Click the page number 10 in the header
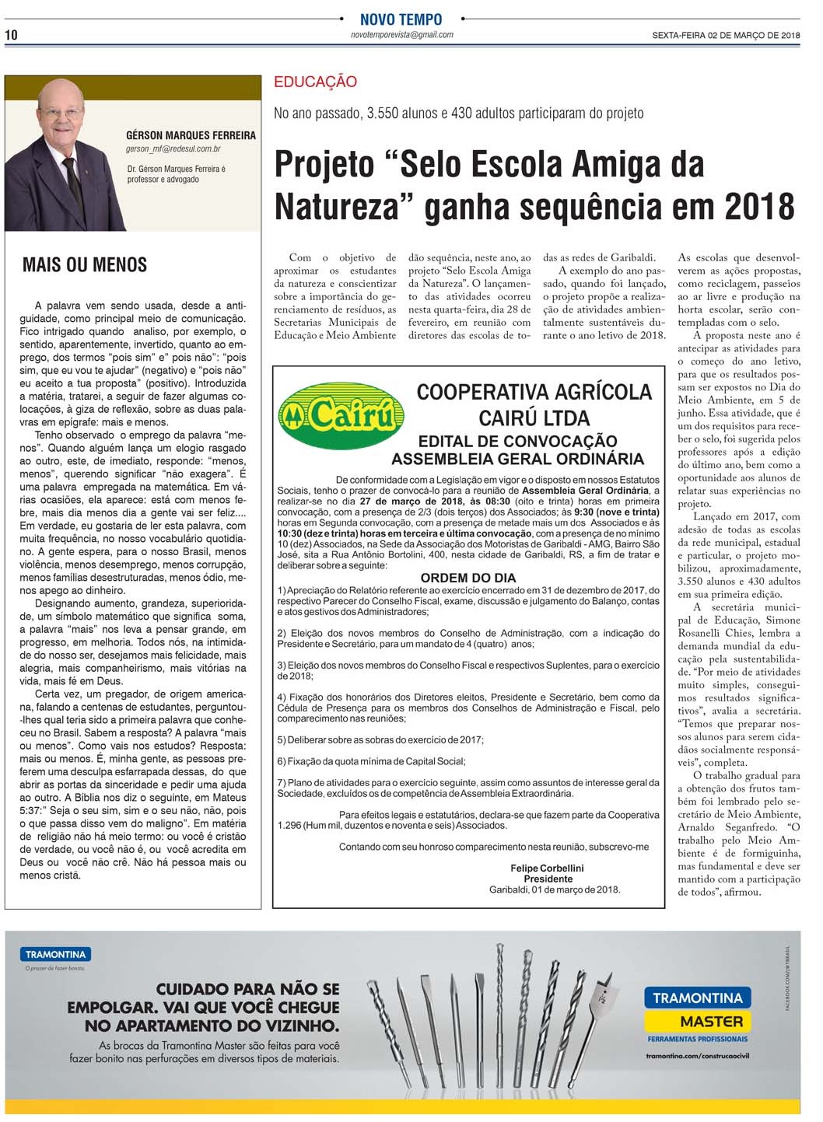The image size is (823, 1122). [x=11, y=34]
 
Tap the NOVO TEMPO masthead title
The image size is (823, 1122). [x=401, y=19]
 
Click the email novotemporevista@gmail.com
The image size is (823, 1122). [x=401, y=35]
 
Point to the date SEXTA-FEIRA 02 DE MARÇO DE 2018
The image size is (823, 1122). [x=726, y=35]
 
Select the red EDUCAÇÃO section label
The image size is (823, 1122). [x=315, y=82]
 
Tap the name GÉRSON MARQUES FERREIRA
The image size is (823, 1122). [x=191, y=135]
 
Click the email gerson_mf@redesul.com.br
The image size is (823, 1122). [x=173, y=149]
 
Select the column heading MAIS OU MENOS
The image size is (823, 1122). [x=85, y=265]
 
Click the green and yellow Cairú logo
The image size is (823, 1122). [x=341, y=416]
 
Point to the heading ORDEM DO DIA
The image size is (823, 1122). [x=468, y=578]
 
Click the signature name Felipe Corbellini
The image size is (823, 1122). [x=547, y=868]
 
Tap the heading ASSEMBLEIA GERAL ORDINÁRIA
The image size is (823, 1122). [x=517, y=459]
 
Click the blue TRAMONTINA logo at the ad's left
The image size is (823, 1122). [x=56, y=954]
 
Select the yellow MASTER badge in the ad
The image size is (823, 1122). [x=698, y=1021]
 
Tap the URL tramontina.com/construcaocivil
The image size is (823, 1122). [x=697, y=1055]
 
